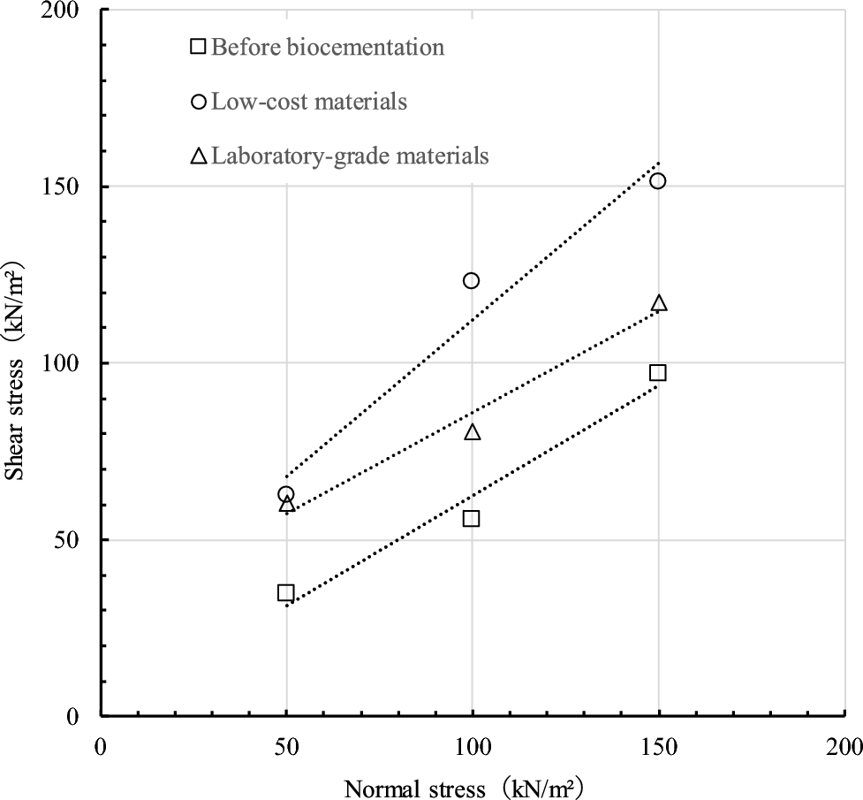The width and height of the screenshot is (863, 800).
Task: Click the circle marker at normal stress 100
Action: coord(471,280)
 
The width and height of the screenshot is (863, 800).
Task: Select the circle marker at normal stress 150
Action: coord(657,180)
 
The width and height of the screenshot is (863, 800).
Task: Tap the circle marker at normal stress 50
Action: coord(285,494)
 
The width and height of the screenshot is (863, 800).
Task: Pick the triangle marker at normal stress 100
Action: coord(473,431)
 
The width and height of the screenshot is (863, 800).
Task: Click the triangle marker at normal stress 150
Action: coord(659,303)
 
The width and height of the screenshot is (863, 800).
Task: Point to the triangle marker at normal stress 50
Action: coord(286,504)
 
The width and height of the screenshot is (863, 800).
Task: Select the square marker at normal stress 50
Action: coord(285,592)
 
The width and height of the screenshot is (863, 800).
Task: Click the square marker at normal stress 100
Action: coord(471,518)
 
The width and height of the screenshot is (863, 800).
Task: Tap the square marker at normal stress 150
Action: coord(657,372)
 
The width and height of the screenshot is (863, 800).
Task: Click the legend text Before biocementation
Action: coord(329,47)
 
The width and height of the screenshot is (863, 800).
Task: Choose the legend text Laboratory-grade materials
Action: coord(350,156)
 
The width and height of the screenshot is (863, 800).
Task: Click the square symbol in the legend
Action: coord(199,47)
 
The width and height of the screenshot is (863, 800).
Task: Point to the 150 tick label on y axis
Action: coord(69,187)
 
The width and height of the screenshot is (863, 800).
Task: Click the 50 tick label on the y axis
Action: coord(74,540)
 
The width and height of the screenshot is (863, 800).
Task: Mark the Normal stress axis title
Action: coord(464,787)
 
